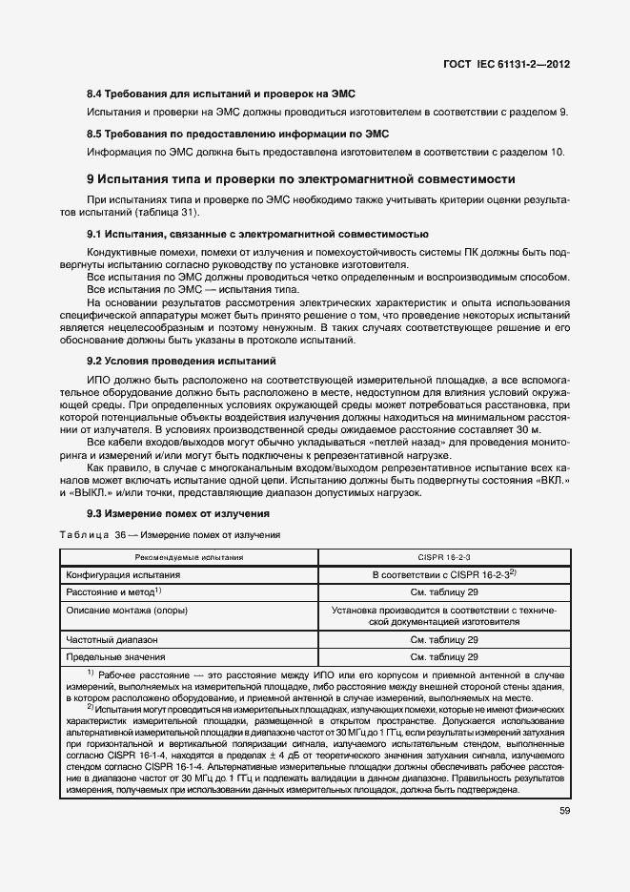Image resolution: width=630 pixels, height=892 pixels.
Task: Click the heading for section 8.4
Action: click(220, 94)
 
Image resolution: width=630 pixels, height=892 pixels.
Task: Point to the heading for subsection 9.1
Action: click(257, 234)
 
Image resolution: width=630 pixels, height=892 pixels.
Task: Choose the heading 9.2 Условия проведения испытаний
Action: click(181, 362)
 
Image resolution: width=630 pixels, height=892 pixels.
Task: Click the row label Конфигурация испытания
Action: click(123, 575)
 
